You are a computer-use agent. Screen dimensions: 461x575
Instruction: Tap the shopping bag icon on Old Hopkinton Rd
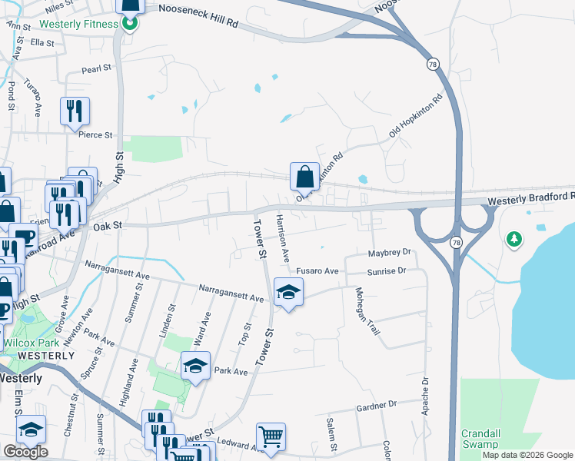pos(305,176)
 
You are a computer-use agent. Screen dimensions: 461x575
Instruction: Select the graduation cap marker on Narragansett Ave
pos(288,293)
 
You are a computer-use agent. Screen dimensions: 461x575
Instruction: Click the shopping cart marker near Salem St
pos(271,437)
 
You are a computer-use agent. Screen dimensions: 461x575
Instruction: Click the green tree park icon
pos(514,239)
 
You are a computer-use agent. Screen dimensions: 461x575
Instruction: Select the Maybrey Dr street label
pos(390,251)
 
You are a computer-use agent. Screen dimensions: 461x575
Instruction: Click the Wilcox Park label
pos(26,343)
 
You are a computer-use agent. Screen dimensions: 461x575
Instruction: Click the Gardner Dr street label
pos(376,403)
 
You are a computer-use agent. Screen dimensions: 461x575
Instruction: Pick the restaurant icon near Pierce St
pos(75,111)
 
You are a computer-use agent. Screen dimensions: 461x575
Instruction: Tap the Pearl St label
pos(97,68)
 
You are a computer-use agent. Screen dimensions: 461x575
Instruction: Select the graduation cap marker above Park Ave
pos(195,366)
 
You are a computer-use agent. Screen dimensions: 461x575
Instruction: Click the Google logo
pos(25,452)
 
